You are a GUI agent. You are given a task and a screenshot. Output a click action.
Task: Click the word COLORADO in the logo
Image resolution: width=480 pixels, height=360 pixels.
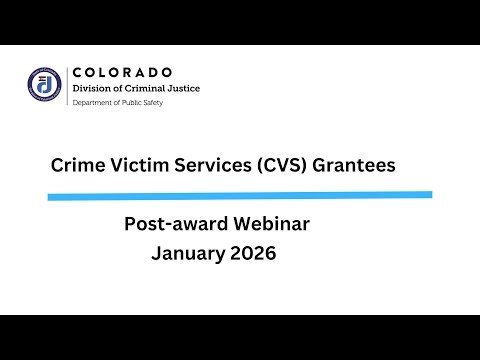122,72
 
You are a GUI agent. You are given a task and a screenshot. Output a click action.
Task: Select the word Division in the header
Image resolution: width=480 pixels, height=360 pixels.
93,88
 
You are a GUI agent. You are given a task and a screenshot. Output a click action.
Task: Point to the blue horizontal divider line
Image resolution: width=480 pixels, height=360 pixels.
240,195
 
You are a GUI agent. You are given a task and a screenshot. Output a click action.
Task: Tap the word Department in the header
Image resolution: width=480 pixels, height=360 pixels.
93,102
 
